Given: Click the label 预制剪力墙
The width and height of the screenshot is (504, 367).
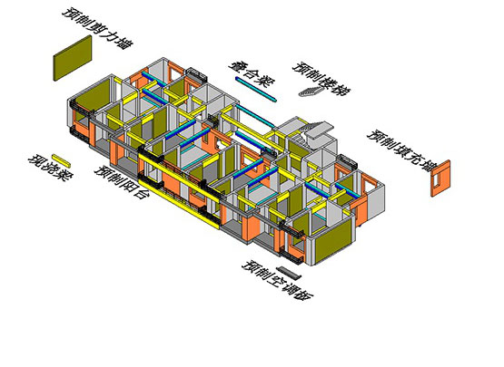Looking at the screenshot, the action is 97,28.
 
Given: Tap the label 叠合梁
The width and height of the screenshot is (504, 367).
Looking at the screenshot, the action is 252,73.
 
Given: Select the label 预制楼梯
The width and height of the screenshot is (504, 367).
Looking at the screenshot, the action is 321,79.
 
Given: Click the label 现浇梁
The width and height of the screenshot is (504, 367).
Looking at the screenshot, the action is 51,169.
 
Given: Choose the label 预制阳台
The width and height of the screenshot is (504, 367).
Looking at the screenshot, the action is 121,182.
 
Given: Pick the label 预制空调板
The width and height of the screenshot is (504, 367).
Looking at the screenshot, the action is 277,280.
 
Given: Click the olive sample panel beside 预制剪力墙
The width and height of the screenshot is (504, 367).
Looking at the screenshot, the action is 73,58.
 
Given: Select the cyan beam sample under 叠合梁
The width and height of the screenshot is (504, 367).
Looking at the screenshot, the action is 256,90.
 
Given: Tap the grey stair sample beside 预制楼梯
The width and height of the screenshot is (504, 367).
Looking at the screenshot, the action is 311,92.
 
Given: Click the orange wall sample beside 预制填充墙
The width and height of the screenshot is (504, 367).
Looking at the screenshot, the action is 440,178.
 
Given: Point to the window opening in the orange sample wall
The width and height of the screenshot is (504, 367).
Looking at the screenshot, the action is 436,180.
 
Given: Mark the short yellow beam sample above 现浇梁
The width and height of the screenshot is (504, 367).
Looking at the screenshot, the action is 61,160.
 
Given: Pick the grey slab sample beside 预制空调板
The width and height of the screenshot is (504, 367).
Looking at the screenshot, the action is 289,273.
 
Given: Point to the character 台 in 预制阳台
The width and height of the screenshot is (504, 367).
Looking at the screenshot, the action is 139,192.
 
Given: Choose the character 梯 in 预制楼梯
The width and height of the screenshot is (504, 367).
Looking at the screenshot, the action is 341,89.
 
